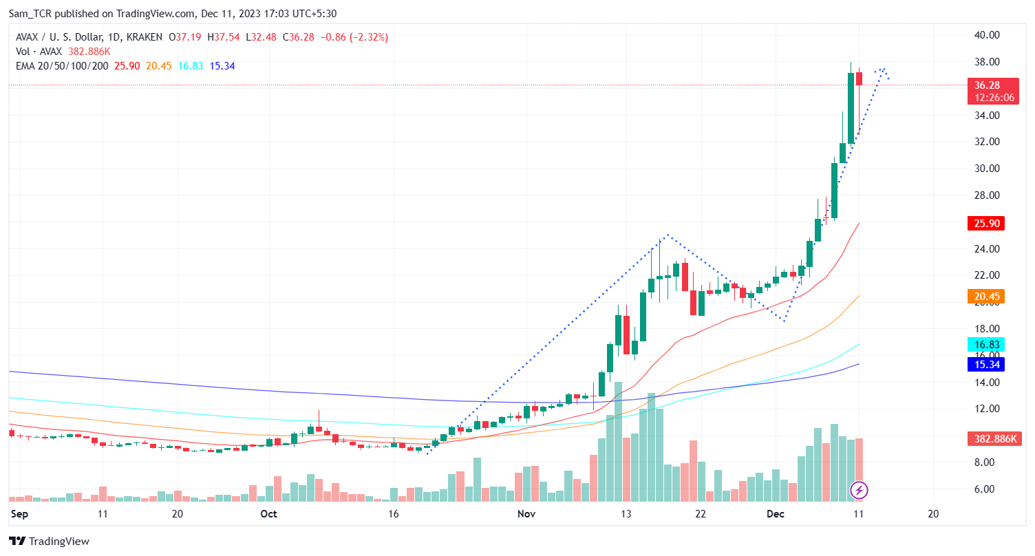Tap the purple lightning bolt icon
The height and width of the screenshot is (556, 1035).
(860, 490)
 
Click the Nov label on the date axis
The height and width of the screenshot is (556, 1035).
(526, 514)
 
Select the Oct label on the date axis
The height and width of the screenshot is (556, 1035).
(269, 514)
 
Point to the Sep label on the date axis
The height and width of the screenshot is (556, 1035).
(19, 514)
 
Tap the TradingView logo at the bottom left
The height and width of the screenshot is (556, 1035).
(50, 542)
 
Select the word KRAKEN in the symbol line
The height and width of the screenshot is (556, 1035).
(145, 37)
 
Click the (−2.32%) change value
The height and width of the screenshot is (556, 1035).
(367, 37)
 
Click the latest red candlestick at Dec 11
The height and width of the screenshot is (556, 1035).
(859, 79)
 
